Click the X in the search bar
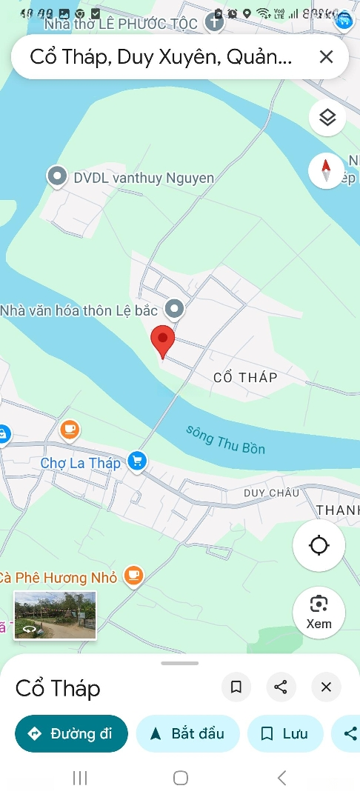(326, 57)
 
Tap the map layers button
(327, 118)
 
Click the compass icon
(326, 171)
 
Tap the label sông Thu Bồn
(225, 439)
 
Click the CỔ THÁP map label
(245, 378)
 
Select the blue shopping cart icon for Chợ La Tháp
(136, 461)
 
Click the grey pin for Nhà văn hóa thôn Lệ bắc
(174, 309)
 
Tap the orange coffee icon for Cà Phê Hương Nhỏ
(133, 575)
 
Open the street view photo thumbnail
(55, 615)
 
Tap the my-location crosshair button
(319, 546)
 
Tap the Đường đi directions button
(71, 734)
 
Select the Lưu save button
(285, 734)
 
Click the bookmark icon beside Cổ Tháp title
(236, 687)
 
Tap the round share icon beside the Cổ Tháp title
(281, 687)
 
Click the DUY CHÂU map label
(272, 493)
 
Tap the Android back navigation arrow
(281, 778)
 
